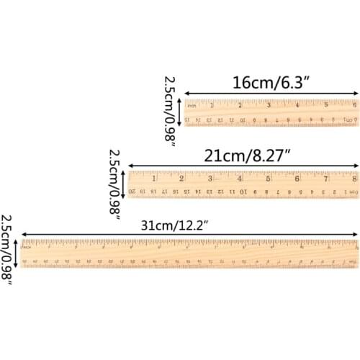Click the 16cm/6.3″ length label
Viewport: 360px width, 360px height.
(x=271, y=82)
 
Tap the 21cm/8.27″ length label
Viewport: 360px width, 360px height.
(x=243, y=154)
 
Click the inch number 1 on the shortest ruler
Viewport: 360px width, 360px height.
(x=212, y=104)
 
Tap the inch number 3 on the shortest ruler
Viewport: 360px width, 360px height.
(x=269, y=104)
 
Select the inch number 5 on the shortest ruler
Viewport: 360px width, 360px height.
(x=325, y=104)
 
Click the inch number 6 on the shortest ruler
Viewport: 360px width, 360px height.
(x=354, y=104)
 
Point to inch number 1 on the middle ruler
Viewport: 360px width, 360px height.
(x=153, y=178)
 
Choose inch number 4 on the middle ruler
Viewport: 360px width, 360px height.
(x=239, y=178)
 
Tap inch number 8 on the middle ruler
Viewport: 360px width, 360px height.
(x=354, y=178)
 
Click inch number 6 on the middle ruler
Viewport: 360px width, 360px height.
(x=297, y=178)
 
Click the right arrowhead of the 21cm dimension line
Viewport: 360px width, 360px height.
(x=356, y=165)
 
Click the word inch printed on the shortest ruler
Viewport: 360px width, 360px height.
(x=192, y=104)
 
